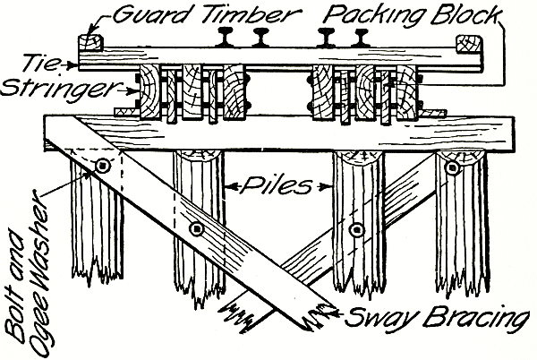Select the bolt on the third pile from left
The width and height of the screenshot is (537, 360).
click(357, 229)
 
